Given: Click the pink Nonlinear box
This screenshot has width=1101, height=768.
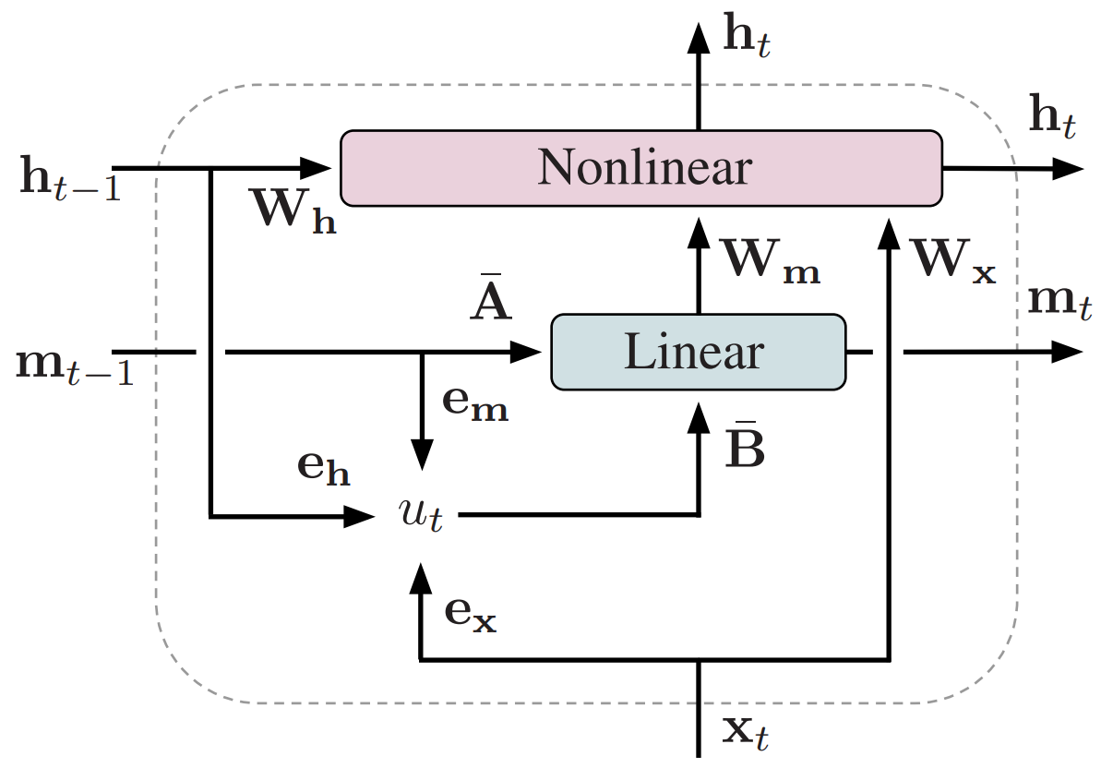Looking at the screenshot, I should (x=642, y=168).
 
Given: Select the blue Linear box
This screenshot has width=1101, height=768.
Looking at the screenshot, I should (x=698, y=352).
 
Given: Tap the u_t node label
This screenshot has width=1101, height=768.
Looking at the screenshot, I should (x=422, y=515).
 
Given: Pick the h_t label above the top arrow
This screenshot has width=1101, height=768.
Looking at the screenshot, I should (x=744, y=38).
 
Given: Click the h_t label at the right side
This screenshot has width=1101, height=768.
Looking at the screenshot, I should (x=1051, y=121).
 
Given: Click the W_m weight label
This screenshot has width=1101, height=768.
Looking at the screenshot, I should (x=772, y=261).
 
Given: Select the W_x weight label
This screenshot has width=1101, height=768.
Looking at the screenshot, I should (x=951, y=261).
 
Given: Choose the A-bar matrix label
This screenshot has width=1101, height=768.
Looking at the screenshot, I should (x=490, y=301).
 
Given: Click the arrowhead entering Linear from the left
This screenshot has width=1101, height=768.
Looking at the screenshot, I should (x=529, y=352).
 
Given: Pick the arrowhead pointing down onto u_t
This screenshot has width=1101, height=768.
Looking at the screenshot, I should (x=422, y=455).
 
